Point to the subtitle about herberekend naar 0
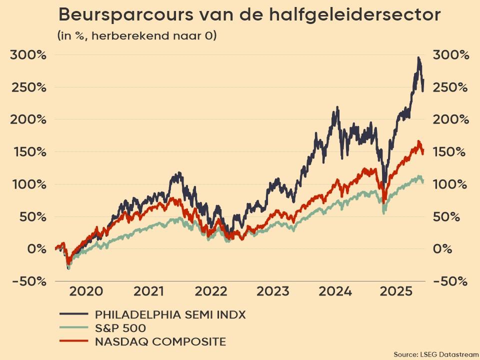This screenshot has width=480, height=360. pyautogui.click(x=137, y=36)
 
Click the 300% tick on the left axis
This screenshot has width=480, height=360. pyautogui.click(x=28, y=55)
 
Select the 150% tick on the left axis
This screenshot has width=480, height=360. pyautogui.click(x=28, y=152)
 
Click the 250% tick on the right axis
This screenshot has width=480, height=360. pyautogui.click(x=451, y=87)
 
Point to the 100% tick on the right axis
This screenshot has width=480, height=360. pyautogui.click(x=451, y=184)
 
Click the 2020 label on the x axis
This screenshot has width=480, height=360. pyautogui.click(x=86, y=291)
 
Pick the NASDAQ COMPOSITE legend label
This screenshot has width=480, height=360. pyautogui.click(x=160, y=342)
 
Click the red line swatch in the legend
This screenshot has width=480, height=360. pyautogui.click(x=73, y=342)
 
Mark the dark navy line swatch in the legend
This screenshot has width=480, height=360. pyautogui.click(x=73, y=314)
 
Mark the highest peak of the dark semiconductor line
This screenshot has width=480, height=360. pyautogui.click(x=418, y=58)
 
